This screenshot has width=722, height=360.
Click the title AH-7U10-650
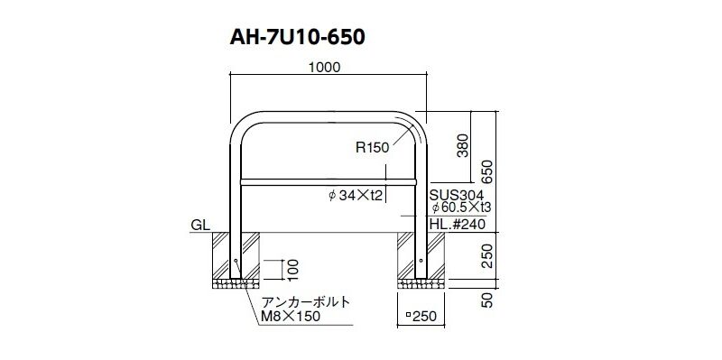coord(298,37)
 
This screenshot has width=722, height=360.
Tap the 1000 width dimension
coord(324,67)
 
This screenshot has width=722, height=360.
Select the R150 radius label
coord(373,147)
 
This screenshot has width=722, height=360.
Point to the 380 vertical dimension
coord(463,145)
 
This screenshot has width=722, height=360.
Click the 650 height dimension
coord(488,172)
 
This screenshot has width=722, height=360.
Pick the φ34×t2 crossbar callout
coord(356,196)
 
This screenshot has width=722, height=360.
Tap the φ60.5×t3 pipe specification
coord(461,208)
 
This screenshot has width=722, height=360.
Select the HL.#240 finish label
coord(458,226)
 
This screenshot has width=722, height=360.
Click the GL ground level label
coord(200,226)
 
